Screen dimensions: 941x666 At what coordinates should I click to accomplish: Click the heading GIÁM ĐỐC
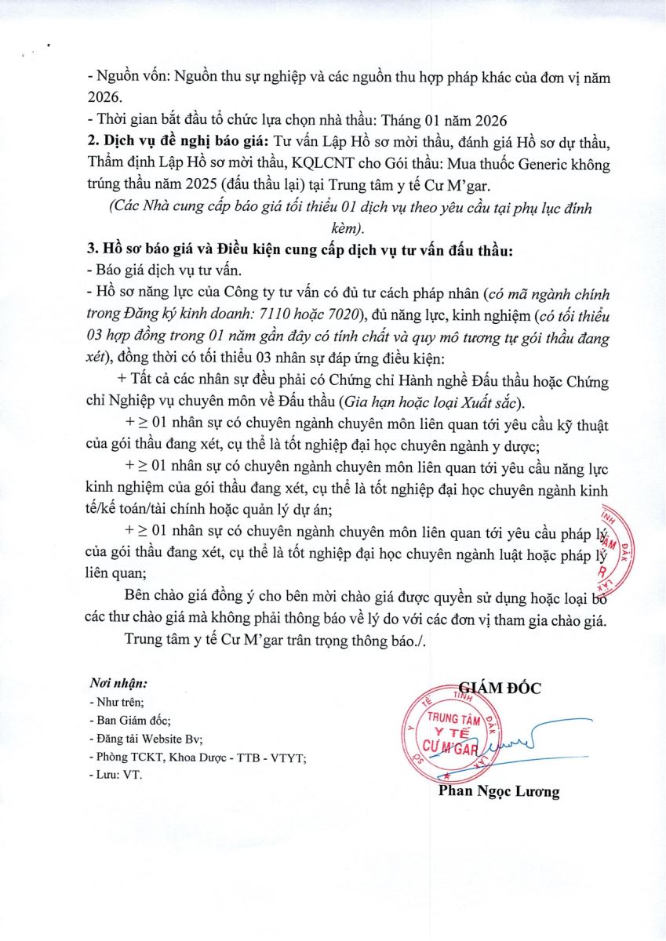[499, 688]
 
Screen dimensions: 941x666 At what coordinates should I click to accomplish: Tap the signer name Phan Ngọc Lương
[499, 791]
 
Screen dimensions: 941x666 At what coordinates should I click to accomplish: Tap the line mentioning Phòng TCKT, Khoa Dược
[198, 756]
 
